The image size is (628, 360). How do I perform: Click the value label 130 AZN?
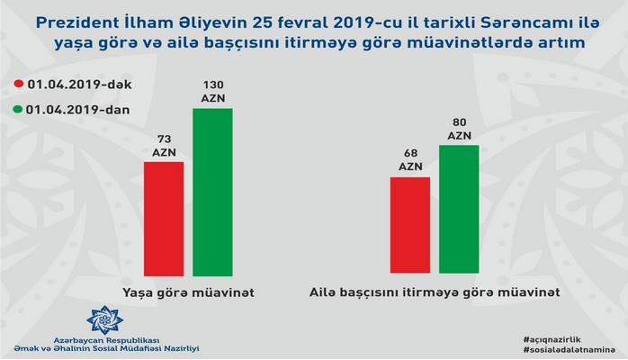point(211,90)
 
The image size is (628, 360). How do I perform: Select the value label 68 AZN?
point(409,159)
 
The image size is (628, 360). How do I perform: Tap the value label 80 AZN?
point(459,127)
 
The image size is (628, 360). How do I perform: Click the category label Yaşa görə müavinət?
point(187,292)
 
